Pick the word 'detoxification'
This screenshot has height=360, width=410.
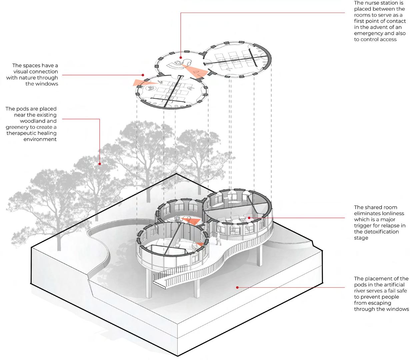(x=376, y=232)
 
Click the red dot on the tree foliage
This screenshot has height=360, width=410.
(x=100, y=163)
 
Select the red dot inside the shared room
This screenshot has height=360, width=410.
(x=249, y=218)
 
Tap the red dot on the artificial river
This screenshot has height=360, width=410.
(x=237, y=287)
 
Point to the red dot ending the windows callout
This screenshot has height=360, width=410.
(x=143, y=75)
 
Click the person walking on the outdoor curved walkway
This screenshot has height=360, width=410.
(x=217, y=239)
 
